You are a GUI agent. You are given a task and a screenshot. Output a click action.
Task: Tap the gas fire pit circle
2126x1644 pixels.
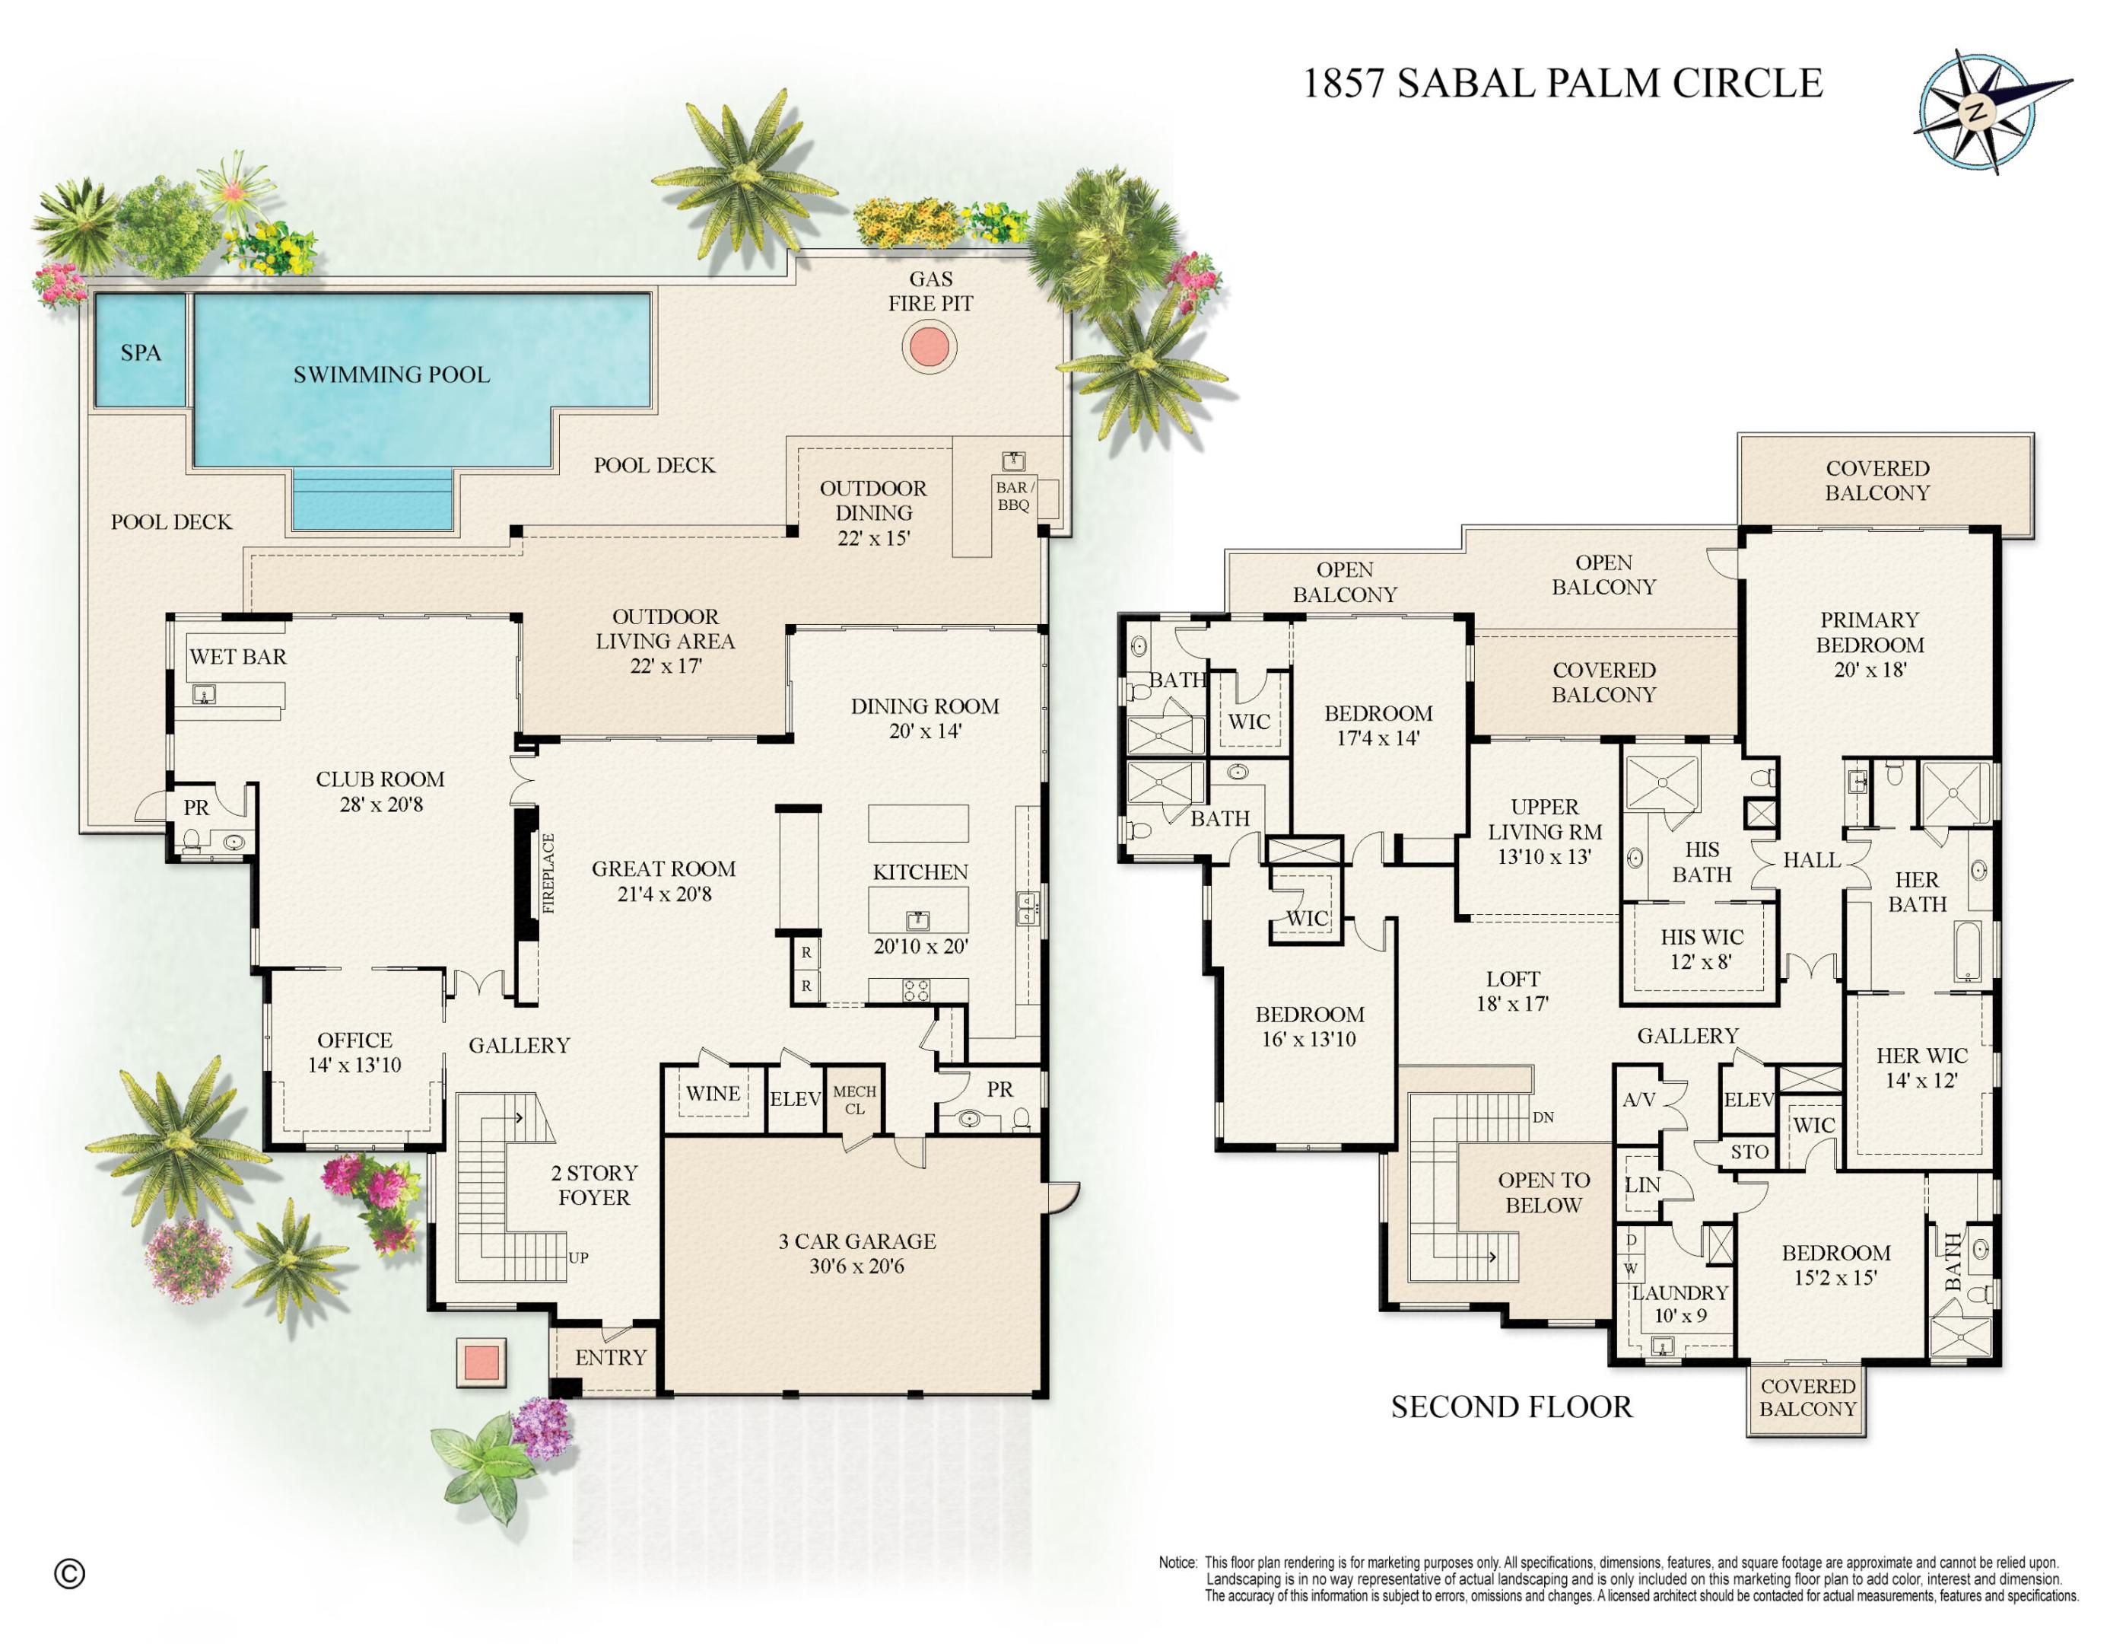(929, 346)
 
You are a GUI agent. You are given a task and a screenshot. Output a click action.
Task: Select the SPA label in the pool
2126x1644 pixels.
(140, 352)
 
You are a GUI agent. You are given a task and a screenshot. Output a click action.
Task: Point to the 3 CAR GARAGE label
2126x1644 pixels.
(856, 1241)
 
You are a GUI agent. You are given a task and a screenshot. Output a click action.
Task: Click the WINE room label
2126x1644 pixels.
(713, 1093)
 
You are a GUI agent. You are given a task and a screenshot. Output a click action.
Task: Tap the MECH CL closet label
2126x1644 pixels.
(853, 1100)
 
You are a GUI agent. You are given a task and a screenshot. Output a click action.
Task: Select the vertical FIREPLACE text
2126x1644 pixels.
(548, 873)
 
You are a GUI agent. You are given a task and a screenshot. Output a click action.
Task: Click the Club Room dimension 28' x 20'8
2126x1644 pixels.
(380, 804)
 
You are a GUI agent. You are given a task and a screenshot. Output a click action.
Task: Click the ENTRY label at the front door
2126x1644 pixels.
(610, 1357)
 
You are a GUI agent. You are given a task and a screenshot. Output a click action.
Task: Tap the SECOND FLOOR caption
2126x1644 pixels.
(1511, 1407)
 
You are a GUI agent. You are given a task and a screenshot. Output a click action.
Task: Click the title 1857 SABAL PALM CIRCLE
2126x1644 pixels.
(1562, 84)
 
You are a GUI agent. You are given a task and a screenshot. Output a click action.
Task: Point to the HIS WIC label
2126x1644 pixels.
(1702, 937)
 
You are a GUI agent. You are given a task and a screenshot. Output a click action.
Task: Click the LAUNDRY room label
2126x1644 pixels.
(1680, 1292)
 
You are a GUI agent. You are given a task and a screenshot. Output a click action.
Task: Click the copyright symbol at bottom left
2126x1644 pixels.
(69, 1573)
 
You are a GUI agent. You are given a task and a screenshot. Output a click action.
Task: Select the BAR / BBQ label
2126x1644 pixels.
(1012, 495)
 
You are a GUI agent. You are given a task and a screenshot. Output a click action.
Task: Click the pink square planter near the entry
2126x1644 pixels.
(481, 1361)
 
